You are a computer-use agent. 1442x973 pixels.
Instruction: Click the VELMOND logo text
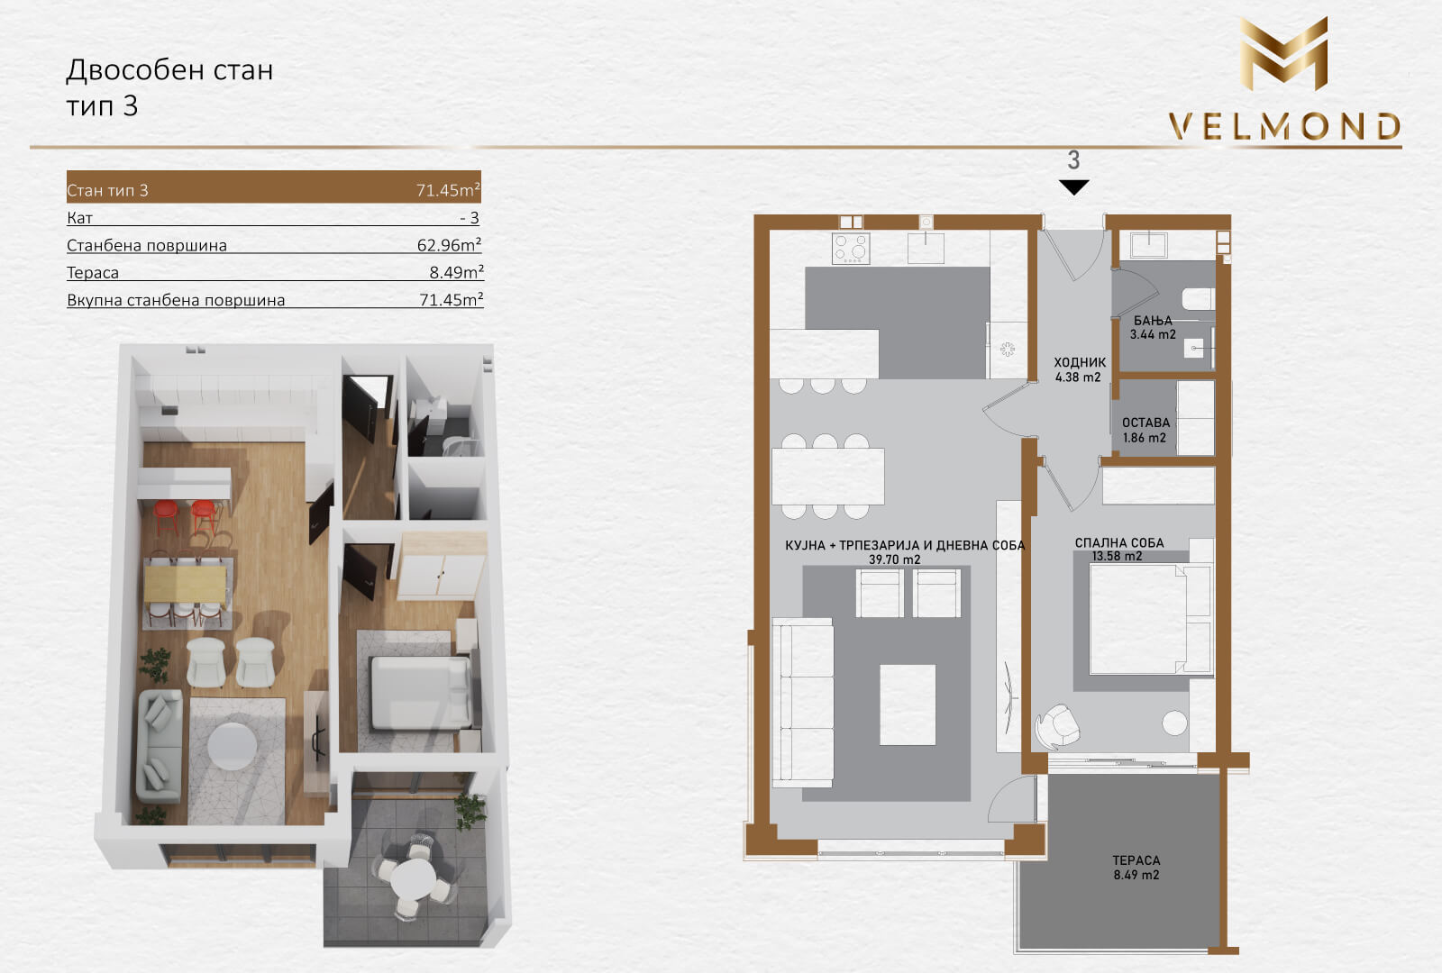tap(1284, 126)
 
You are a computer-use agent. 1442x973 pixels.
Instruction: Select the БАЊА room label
tap(1153, 321)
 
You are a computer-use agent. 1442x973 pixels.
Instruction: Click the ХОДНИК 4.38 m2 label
tap(1080, 369)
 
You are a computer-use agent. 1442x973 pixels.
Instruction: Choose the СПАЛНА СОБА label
tap(1119, 542)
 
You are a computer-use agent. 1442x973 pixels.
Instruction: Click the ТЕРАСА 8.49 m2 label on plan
tap(1136, 868)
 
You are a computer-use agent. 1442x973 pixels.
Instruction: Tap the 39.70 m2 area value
tap(894, 559)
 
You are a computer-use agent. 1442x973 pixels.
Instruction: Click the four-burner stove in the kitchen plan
tap(851, 249)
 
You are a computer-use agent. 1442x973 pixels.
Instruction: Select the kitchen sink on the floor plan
tap(926, 248)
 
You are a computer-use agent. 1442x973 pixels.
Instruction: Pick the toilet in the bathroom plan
tap(1198, 298)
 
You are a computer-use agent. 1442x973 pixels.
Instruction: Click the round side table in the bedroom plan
tap(1174, 723)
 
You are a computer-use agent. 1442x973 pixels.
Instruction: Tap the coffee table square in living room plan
tap(908, 705)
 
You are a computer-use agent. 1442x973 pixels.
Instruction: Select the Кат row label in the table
tap(80, 217)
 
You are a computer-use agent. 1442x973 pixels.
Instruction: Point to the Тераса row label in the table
tap(93, 272)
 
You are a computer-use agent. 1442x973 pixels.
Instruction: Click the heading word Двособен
tap(134, 69)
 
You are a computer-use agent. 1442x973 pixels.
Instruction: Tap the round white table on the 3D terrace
tap(414, 879)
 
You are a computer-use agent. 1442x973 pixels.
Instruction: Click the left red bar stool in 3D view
tap(166, 514)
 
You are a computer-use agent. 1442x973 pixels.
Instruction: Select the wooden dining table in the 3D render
tap(186, 584)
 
